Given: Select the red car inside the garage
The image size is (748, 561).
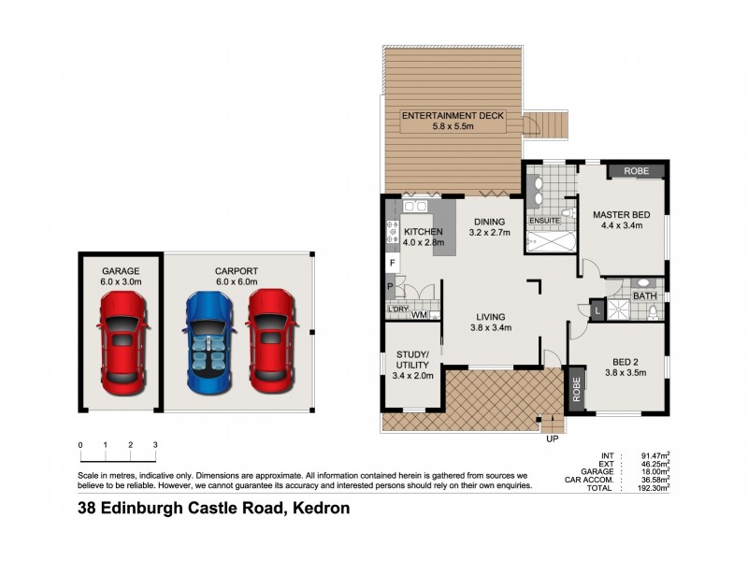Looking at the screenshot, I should [122, 340].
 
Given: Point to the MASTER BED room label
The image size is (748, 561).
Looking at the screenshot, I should [621, 215].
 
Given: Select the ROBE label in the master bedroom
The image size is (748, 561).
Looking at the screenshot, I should [636, 171].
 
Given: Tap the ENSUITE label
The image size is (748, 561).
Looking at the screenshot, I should [545, 221].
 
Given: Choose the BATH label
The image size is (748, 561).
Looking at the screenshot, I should [644, 296].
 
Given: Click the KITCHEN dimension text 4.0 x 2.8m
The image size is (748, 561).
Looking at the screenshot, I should [423, 242].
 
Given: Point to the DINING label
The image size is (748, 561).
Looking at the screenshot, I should [490, 222].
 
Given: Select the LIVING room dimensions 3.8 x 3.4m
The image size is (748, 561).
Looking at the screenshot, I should [490, 328].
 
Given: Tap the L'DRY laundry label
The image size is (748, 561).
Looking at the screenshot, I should [396, 308].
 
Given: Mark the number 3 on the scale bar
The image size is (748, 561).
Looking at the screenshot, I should [155, 444].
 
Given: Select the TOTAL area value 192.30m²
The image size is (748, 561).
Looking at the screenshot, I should [652, 488].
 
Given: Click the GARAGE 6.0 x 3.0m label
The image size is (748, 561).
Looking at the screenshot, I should [122, 276].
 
